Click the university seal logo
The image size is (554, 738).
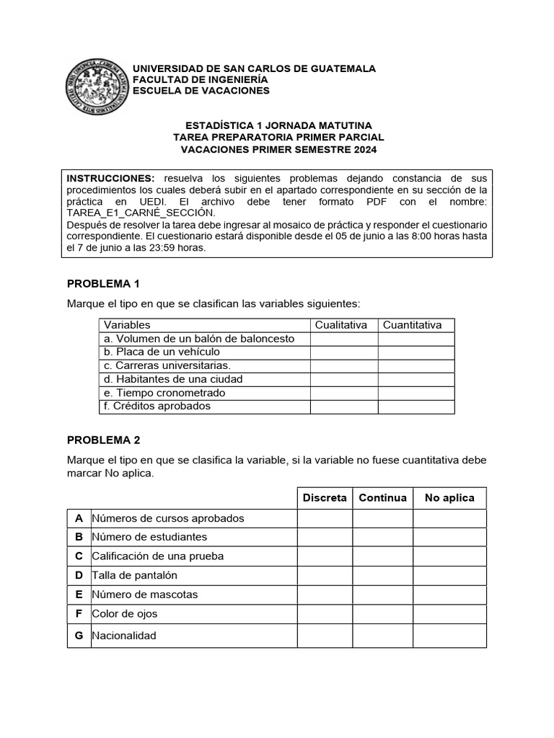click(x=97, y=86)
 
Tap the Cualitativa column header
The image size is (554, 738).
click(x=341, y=325)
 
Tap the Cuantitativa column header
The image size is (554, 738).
click(x=413, y=325)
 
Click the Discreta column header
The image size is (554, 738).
click(x=325, y=498)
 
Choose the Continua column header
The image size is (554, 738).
click(x=382, y=498)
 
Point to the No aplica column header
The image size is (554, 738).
click(x=449, y=498)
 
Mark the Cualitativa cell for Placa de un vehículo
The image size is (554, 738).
click(x=344, y=352)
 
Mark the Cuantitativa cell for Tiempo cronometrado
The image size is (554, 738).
click(x=416, y=393)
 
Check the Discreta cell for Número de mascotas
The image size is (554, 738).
click(x=325, y=595)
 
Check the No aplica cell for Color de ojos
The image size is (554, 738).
click(x=449, y=614)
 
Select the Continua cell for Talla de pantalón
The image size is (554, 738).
click(x=382, y=576)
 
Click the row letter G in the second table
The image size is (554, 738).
click(x=79, y=636)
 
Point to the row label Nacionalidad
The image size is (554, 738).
click(x=123, y=636)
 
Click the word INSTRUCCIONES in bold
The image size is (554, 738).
click(x=110, y=178)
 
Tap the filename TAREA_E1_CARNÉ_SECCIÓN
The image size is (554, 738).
click(x=141, y=213)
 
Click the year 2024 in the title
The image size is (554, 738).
click(x=364, y=150)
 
